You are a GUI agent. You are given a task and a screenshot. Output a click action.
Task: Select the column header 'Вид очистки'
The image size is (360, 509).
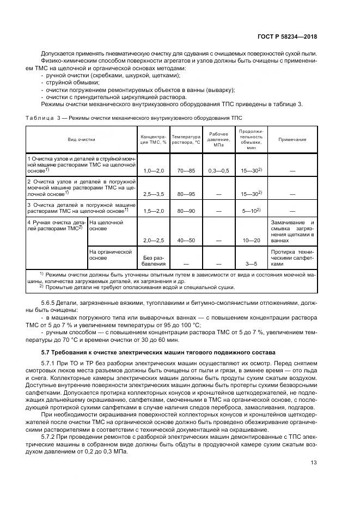click(x=82, y=140)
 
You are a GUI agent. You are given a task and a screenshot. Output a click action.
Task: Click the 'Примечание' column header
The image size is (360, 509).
click(x=292, y=140)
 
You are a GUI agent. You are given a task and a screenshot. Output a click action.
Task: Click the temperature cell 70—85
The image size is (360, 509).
click(x=185, y=170)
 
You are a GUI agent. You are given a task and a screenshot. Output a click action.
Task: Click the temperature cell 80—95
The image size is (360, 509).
click(x=185, y=193)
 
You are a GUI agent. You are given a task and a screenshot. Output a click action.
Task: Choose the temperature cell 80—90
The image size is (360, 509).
click(x=185, y=210)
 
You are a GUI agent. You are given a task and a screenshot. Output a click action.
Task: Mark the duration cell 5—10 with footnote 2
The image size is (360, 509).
click(x=251, y=210)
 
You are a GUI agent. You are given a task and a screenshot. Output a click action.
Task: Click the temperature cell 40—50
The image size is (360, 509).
click(x=185, y=240)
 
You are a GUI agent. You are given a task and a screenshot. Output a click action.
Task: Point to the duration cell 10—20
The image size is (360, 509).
click(x=251, y=240)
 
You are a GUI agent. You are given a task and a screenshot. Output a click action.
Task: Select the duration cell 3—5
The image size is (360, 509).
click(x=251, y=263)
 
